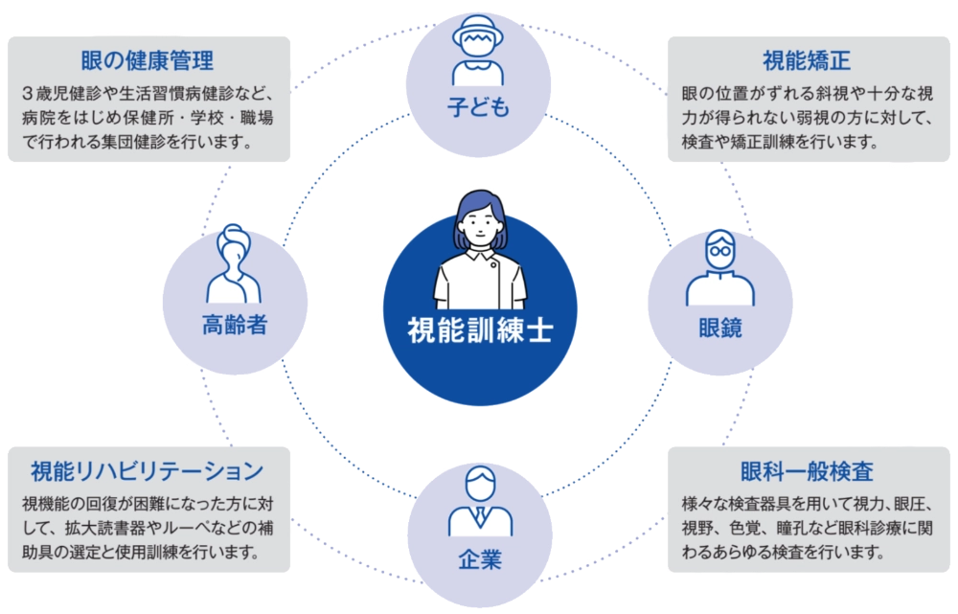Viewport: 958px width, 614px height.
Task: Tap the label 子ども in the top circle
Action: coord(478,107)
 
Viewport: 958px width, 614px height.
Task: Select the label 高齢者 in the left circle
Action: coord(235,326)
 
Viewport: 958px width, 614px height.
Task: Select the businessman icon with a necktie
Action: coord(479,502)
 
